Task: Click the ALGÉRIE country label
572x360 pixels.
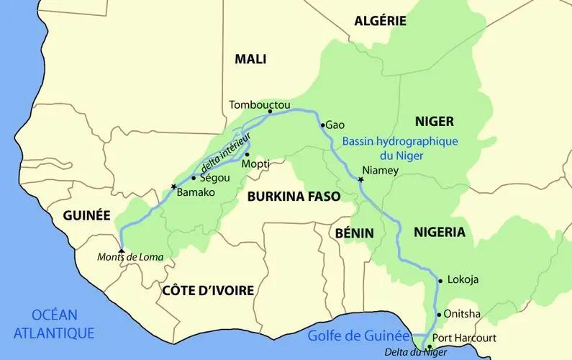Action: point(381,21)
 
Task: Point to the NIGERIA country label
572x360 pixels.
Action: point(440,232)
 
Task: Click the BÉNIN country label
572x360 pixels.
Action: point(355,233)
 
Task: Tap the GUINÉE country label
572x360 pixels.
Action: point(86,215)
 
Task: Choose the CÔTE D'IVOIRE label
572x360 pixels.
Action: point(209,290)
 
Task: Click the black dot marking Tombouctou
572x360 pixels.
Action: point(270,112)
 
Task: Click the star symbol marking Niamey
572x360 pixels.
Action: point(361,179)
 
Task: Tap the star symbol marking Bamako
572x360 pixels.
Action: point(173,187)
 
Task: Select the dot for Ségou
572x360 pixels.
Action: point(194,177)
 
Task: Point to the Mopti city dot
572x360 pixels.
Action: point(246,154)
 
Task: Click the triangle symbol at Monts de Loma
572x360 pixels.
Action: point(121,251)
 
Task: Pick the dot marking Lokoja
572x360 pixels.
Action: point(440,280)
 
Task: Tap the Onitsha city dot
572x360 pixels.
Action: point(438,315)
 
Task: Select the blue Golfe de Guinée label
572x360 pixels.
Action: point(358,335)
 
